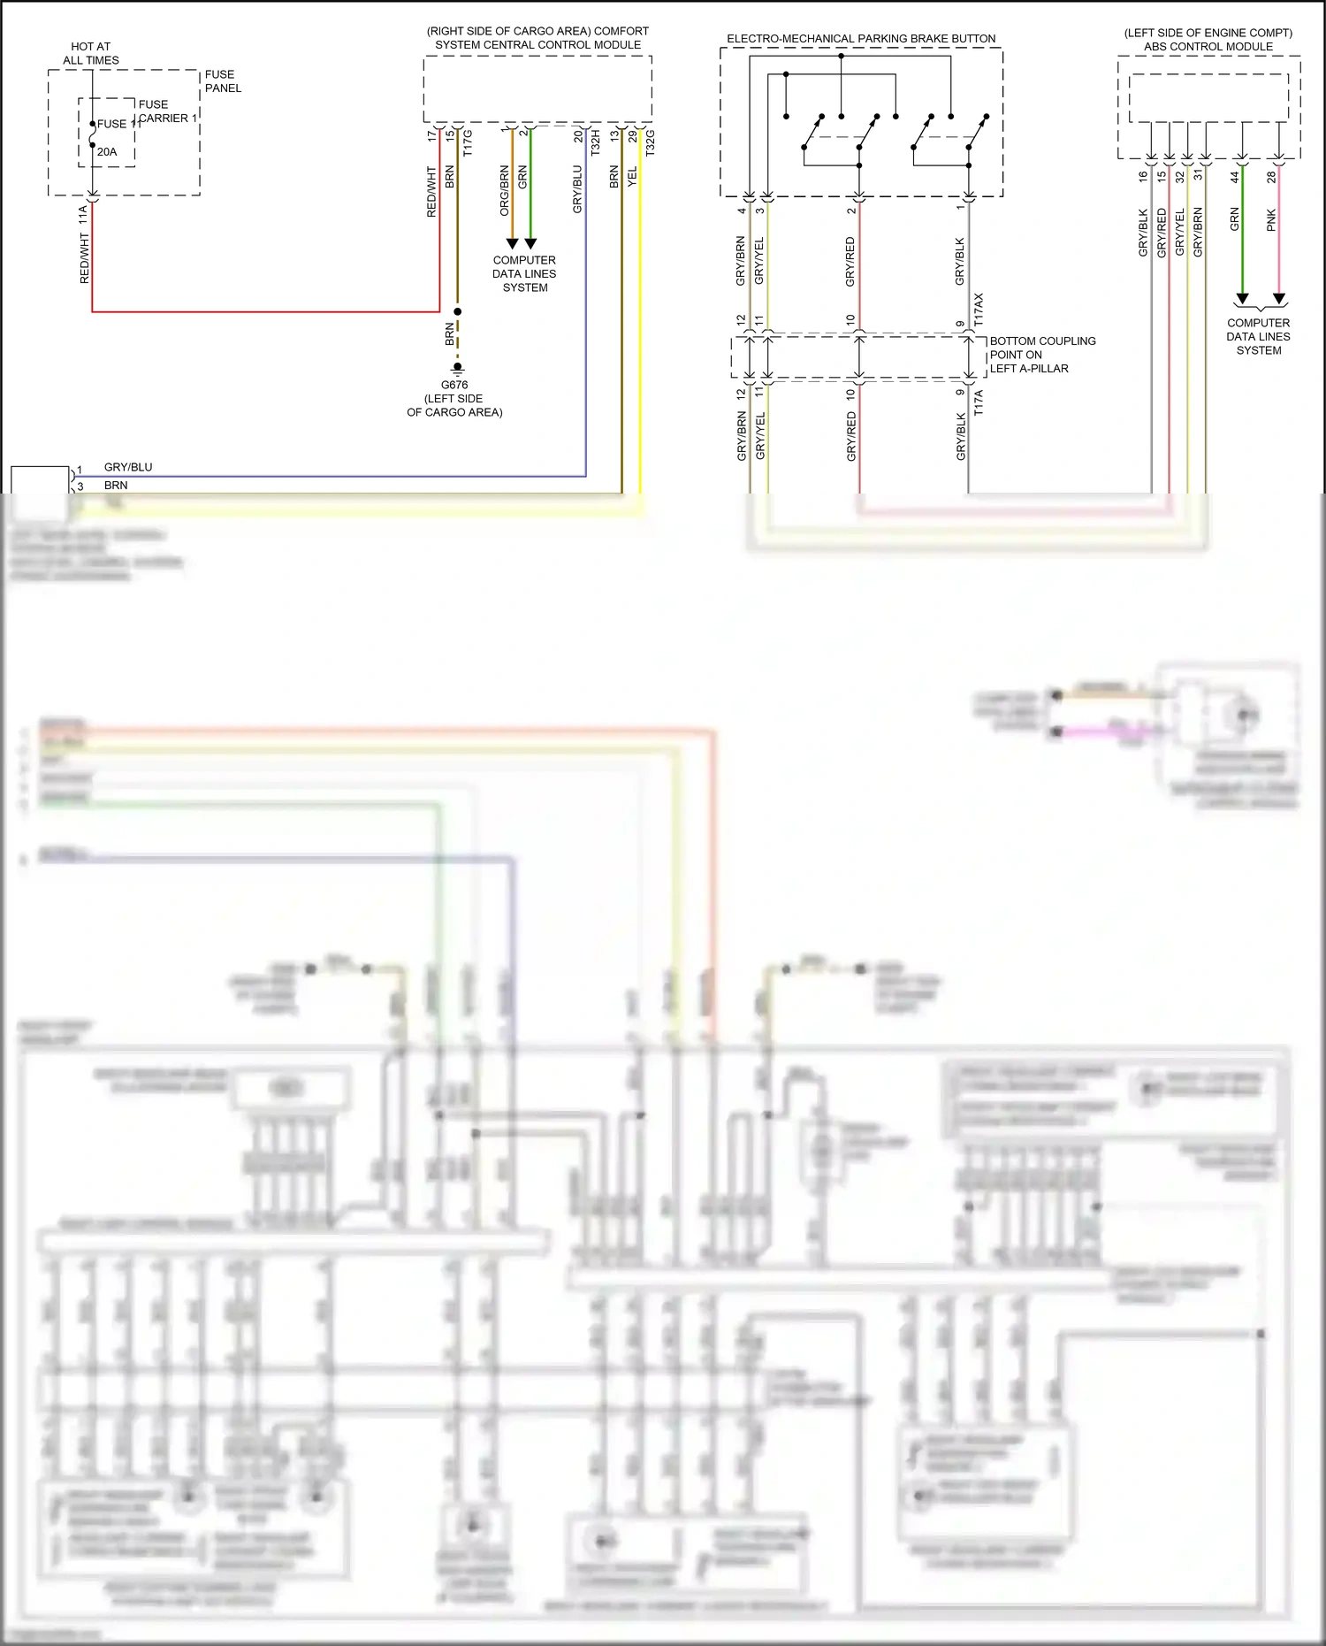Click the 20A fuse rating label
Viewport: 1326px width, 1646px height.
(107, 152)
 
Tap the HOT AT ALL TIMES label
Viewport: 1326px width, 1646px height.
(91, 53)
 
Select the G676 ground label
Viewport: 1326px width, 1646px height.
(454, 386)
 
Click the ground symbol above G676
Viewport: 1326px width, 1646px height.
(457, 367)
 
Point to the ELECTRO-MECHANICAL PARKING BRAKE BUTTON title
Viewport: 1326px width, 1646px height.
(861, 39)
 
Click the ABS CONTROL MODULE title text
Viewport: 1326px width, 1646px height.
(1208, 47)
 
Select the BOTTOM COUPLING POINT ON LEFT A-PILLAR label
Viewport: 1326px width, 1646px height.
(1041, 355)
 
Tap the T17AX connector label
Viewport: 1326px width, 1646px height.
(979, 310)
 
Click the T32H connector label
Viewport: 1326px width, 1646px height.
(596, 143)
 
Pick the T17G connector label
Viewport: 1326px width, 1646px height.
(468, 143)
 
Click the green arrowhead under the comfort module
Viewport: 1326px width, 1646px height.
(530, 243)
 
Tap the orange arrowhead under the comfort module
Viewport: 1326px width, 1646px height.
(512, 243)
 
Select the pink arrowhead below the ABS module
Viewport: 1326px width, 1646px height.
(1278, 299)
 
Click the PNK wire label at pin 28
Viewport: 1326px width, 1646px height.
(1271, 220)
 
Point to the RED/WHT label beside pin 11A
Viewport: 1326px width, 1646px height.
(85, 258)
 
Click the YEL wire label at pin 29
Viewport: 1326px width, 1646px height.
(632, 177)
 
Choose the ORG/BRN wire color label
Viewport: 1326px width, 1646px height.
(505, 190)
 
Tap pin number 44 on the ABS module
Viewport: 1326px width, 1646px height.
(1235, 177)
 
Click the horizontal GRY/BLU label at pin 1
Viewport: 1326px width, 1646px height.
(128, 467)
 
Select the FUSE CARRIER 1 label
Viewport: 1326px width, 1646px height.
(166, 111)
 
